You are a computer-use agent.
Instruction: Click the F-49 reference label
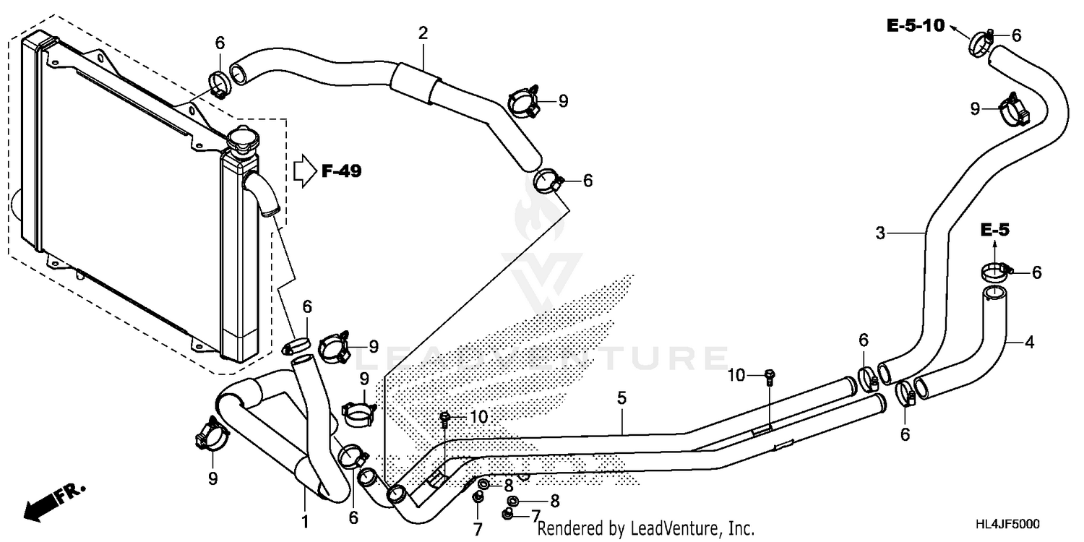[x=342, y=171]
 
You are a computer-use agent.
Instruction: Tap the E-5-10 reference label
[x=916, y=26]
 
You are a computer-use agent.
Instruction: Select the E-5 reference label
[x=994, y=230]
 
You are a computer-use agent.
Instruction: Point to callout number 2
[x=423, y=33]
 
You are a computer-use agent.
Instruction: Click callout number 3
[x=879, y=233]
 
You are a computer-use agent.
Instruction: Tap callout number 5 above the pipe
[x=621, y=398]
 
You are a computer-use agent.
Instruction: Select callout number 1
[x=304, y=520]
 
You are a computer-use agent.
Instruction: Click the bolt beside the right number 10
[x=770, y=376]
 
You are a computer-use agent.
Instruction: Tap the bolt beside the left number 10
[x=445, y=418]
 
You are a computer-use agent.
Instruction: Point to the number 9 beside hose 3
[x=976, y=108]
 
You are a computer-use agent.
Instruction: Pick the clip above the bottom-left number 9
[x=212, y=433]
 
